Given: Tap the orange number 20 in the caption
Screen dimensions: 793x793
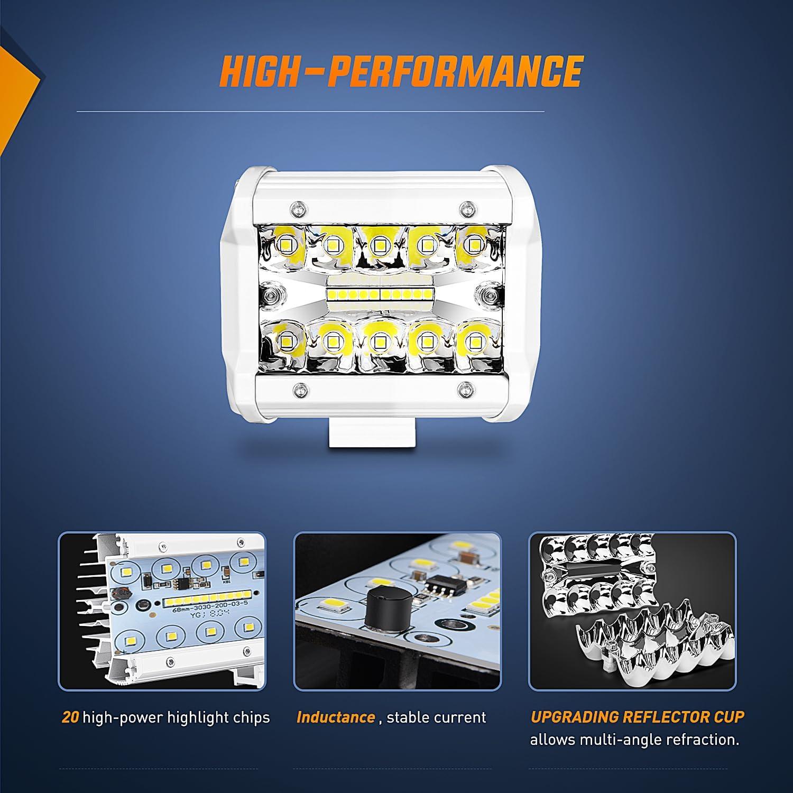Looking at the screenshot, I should [x=70, y=717].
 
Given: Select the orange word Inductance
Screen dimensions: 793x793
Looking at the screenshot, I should [x=336, y=717].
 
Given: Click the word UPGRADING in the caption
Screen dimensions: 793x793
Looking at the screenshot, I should [x=574, y=717].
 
